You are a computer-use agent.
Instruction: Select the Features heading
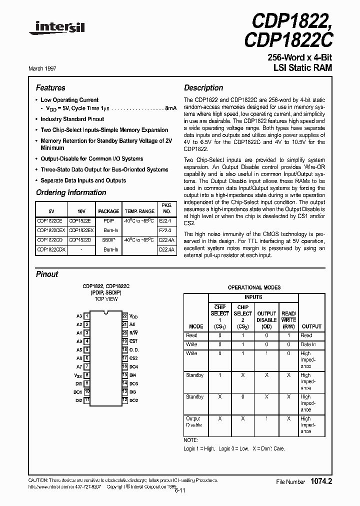pos(50,87)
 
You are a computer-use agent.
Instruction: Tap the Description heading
pos(203,87)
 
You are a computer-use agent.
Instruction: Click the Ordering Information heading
pos(71,192)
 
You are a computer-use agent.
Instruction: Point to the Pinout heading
pos(47,274)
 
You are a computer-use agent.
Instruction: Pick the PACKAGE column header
pos(108,211)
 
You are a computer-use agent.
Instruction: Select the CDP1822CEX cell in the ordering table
pos(51,230)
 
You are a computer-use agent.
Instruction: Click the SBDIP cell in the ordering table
pos(109,239)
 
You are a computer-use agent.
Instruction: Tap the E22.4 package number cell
pos(165,220)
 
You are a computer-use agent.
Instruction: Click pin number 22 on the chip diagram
pos(124,316)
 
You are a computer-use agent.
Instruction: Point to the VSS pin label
pos(78,375)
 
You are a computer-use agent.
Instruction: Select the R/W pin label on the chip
pos(134,333)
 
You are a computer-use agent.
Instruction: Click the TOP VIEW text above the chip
pos(106,299)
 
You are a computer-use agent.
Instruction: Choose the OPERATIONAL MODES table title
pos(254,287)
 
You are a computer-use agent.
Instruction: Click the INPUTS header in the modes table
pos(253,297)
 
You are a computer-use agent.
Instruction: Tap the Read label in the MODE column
pos(191,335)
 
